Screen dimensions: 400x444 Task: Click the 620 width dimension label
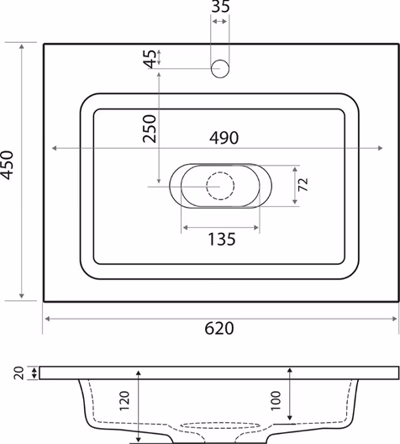[219, 329]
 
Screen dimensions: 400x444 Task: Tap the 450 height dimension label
[7, 166]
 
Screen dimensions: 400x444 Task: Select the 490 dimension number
[224, 138]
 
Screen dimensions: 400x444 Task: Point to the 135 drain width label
[222, 240]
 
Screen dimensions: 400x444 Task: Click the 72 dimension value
[303, 185]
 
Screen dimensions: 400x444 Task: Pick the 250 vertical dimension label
[150, 129]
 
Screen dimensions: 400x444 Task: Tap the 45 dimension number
[150, 59]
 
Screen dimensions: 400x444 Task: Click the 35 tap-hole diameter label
[221, 6]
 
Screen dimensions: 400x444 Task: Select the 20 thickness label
[19, 373]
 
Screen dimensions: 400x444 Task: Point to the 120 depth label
[124, 400]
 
